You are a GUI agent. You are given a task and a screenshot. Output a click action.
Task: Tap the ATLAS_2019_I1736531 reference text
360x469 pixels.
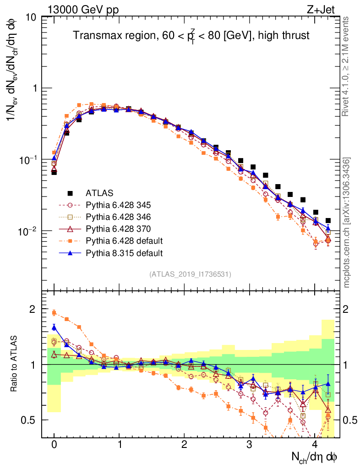pyautogui.click(x=190, y=274)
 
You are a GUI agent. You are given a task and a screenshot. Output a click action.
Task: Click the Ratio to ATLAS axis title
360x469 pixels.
pyautogui.click(x=14, y=364)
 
